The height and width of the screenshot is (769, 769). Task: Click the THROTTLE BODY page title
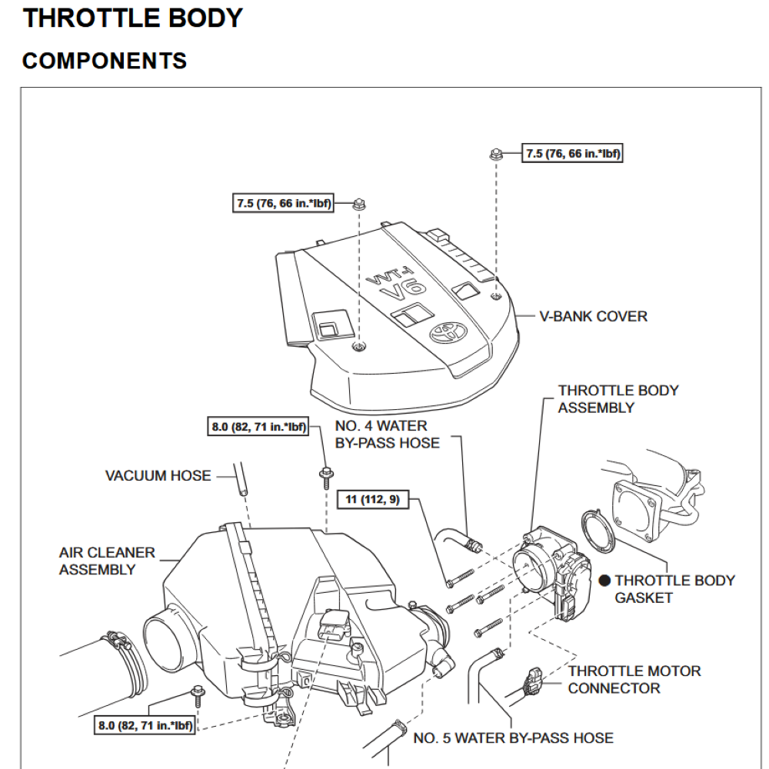point(132,18)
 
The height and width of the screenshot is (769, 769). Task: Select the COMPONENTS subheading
point(104,61)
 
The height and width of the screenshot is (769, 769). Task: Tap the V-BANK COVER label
point(592,316)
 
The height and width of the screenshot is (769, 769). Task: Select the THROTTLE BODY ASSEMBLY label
point(618,399)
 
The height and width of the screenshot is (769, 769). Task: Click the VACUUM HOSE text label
point(158,476)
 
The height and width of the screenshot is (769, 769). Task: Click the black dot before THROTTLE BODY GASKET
point(605,581)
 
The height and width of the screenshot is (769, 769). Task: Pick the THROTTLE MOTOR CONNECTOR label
point(634,680)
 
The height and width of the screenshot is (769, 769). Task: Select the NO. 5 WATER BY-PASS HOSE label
point(513,738)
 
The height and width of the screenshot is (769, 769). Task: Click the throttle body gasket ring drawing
point(595,531)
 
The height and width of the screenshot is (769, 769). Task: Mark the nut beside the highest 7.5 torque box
point(496,155)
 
